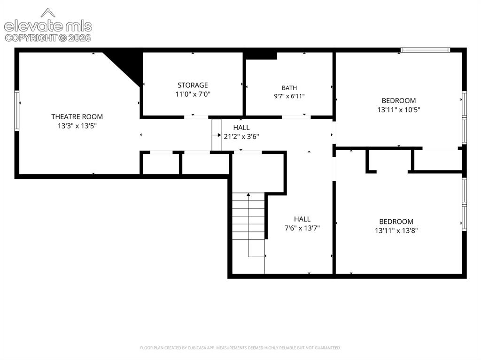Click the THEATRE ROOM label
(77, 117)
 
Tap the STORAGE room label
(193, 85)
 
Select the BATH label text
(289, 88)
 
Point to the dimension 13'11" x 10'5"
(399, 110)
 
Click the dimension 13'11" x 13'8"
(396, 230)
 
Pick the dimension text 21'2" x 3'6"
(241, 137)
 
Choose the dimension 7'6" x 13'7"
(302, 228)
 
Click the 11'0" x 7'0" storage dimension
(193, 94)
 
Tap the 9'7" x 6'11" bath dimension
(289, 96)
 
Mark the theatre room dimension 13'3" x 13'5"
(78, 126)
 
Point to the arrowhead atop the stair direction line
(248, 194)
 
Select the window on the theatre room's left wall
(17, 110)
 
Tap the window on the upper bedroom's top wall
(425, 50)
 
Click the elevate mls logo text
(48, 26)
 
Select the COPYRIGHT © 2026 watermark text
(48, 38)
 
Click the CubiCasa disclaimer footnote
(240, 348)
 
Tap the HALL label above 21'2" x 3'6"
(241, 128)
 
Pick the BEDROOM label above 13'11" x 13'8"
(396, 222)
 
